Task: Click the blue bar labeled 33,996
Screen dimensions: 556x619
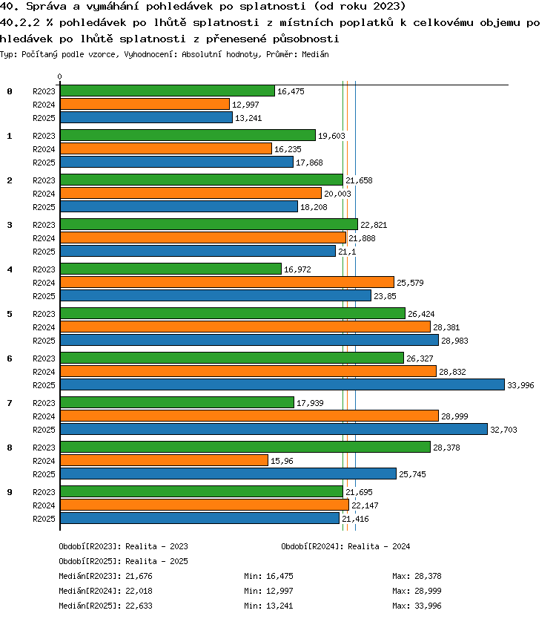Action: click(x=282, y=384)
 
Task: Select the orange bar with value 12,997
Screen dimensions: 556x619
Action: click(x=145, y=104)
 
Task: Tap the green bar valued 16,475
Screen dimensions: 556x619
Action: click(x=168, y=91)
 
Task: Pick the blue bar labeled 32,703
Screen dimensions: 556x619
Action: click(x=274, y=429)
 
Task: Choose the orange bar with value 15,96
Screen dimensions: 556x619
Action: click(x=164, y=460)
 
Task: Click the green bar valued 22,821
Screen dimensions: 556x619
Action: click(x=209, y=224)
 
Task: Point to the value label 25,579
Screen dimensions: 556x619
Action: click(x=410, y=283)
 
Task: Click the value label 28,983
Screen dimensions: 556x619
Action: click(x=454, y=341)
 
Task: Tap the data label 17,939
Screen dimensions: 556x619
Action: click(x=310, y=403)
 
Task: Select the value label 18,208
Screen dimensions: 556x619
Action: click(x=314, y=207)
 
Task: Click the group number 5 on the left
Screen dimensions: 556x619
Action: click(x=10, y=314)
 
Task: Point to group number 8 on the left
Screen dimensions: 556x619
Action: click(x=10, y=448)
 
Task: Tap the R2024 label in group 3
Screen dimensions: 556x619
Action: click(x=44, y=238)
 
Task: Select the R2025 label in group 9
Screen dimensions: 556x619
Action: click(x=44, y=519)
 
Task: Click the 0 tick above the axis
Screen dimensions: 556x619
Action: click(x=59, y=76)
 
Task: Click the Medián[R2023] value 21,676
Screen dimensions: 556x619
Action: click(x=139, y=577)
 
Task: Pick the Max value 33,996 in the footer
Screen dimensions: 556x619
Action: click(x=428, y=606)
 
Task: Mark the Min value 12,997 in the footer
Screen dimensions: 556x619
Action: click(x=279, y=591)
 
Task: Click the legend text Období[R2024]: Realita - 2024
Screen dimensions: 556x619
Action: click(x=345, y=546)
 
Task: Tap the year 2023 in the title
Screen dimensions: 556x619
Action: click(x=388, y=7)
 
